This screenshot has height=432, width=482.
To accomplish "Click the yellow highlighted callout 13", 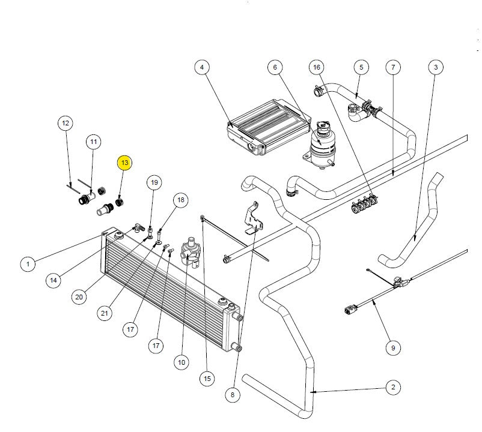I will (124, 163).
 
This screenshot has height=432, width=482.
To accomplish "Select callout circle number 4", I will (202, 67).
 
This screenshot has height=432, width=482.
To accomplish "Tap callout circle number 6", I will (275, 67).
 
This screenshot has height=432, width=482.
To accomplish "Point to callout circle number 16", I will (317, 67).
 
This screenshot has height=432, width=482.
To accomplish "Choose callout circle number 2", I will (392, 388).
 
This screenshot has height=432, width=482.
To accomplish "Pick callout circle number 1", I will (27, 263).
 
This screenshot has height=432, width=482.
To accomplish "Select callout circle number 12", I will (66, 123).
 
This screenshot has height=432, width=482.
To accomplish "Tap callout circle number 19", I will (154, 182).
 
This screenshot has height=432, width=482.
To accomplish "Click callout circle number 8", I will (233, 394).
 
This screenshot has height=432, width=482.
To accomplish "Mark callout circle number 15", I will (207, 378).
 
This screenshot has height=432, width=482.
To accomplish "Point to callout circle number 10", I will (182, 362).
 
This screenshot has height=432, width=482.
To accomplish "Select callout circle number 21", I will (105, 313).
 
